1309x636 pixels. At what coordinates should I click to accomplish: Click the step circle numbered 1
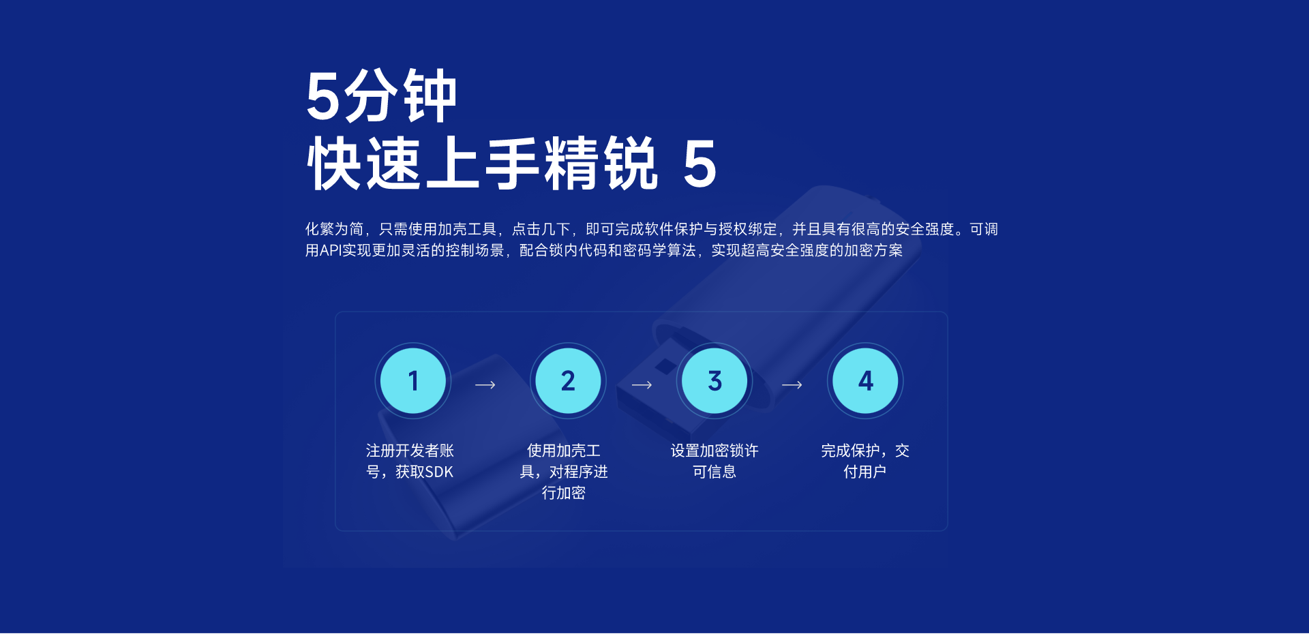[413, 380]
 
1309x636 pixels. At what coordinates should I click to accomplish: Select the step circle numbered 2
[568, 380]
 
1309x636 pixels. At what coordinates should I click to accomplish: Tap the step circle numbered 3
[714, 380]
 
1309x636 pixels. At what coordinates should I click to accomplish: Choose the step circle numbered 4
[865, 380]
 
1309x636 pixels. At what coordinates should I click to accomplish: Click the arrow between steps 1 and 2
[485, 385]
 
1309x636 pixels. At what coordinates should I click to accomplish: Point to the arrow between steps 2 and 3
[642, 385]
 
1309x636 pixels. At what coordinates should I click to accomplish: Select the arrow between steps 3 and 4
[792, 385]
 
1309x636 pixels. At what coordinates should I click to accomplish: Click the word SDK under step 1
[438, 472]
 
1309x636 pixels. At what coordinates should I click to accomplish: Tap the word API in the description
[331, 251]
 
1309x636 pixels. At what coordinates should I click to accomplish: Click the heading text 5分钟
[381, 96]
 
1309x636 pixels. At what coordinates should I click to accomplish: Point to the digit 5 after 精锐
[700, 164]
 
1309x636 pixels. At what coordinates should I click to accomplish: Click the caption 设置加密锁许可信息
[714, 461]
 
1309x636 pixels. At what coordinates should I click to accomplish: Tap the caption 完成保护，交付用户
[865, 461]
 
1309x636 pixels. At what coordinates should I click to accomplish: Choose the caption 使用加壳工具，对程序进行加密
[564, 472]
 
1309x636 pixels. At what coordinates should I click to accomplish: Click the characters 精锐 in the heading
[601, 164]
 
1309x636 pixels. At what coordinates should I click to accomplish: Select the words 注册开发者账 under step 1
[410, 451]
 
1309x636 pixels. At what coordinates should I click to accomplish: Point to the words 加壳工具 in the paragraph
[467, 229]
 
